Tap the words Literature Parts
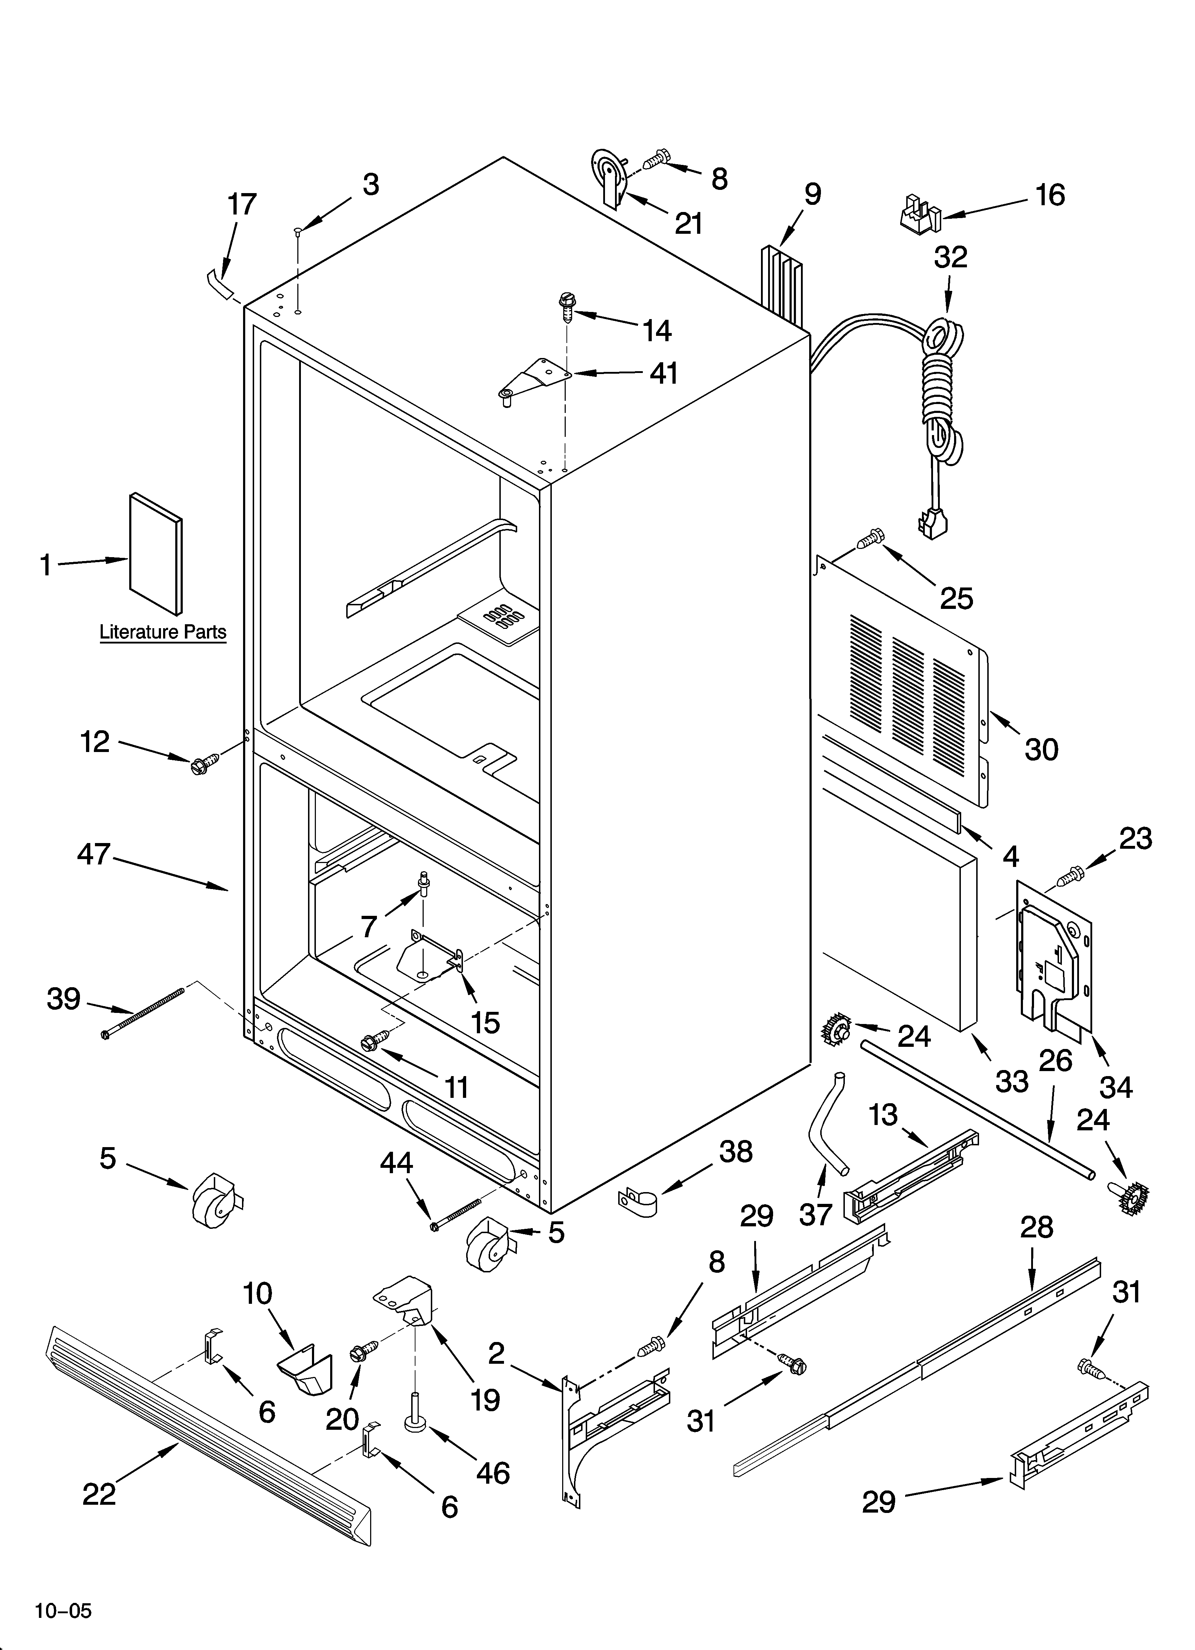[163, 632]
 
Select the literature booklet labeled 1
[156, 553]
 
